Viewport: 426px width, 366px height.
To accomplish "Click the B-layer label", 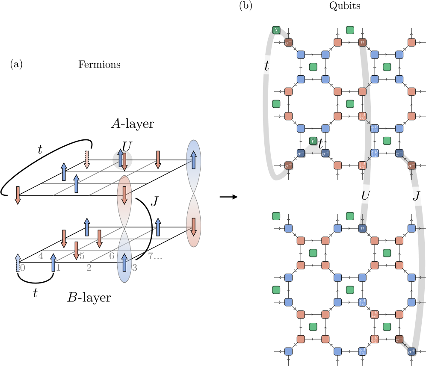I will point(89,297).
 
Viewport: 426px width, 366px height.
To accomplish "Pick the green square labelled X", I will point(276,30).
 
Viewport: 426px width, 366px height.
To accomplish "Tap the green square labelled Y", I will point(313,141).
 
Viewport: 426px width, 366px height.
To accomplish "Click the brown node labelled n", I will point(362,42).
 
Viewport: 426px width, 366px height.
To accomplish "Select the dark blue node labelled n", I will point(362,228).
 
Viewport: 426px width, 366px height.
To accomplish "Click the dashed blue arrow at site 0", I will point(18,261).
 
